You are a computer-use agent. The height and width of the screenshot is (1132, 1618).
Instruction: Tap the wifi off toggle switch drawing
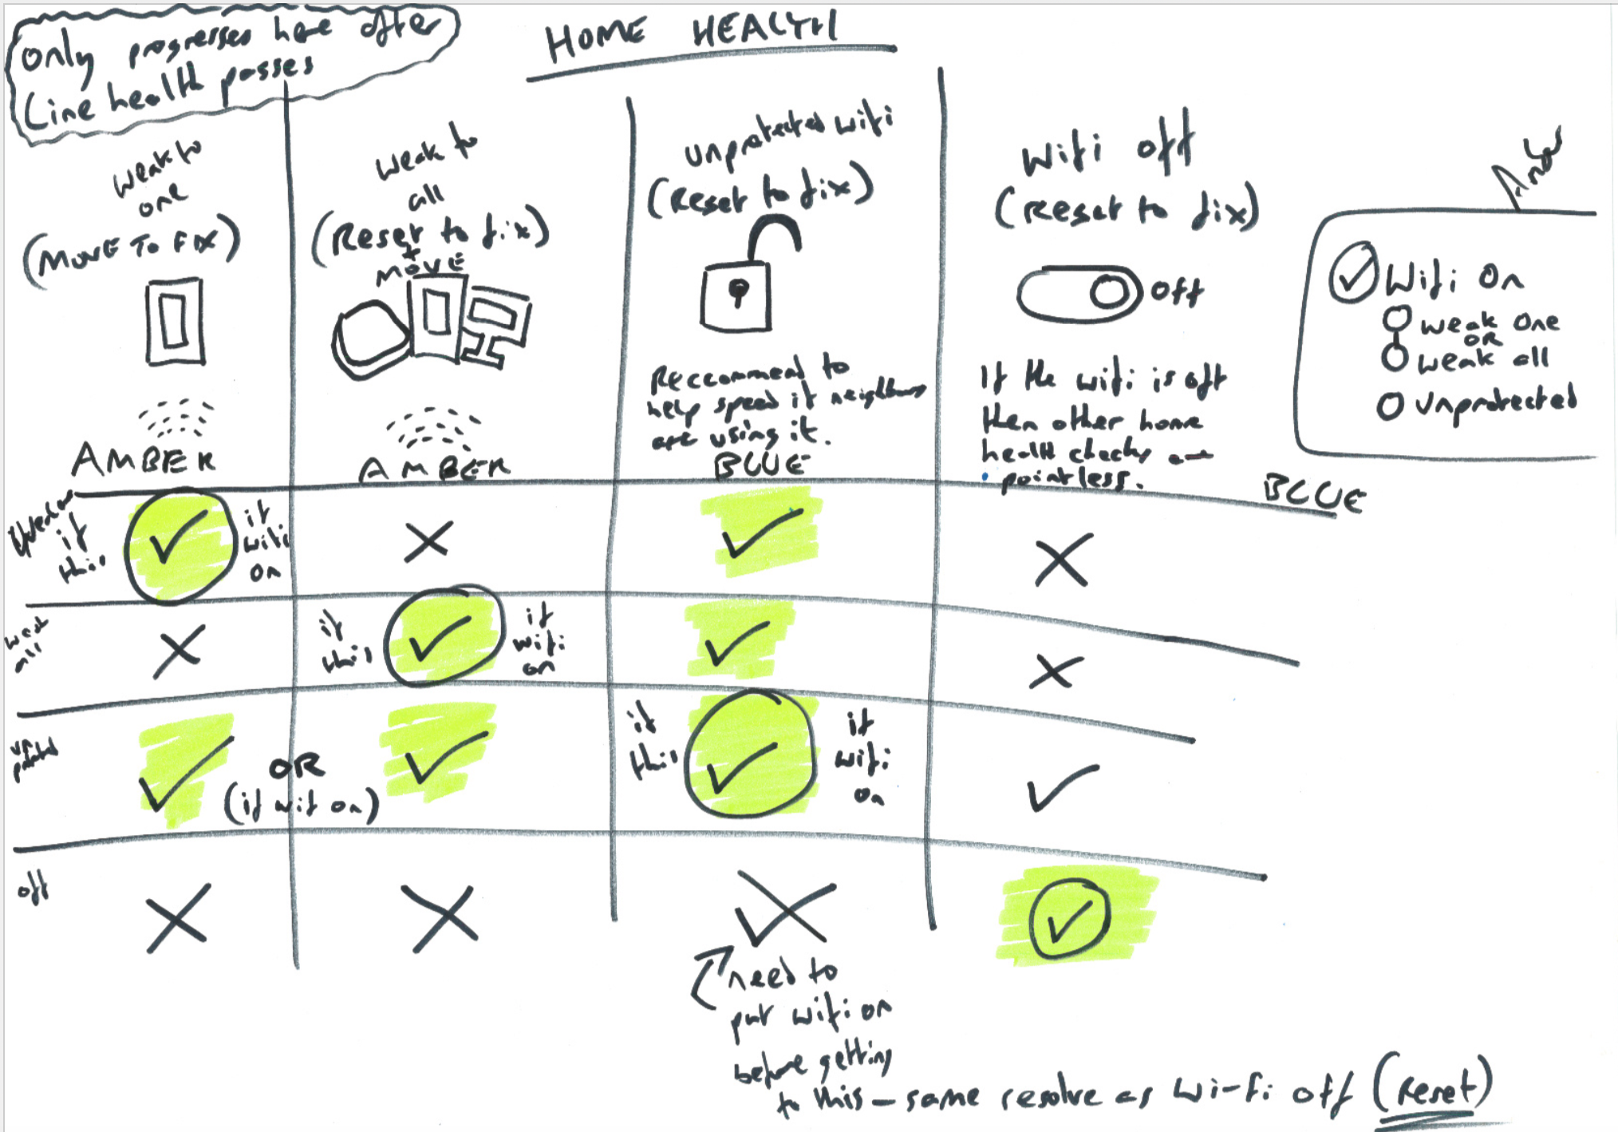[x=1079, y=293]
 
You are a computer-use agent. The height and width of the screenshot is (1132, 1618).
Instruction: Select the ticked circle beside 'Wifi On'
[x=1353, y=272]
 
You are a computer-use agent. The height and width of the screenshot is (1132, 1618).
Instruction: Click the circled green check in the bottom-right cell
[x=1069, y=919]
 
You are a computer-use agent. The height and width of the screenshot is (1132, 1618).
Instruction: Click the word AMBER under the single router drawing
[x=144, y=458]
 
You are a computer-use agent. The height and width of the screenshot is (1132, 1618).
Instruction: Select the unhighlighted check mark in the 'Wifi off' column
[x=1061, y=787]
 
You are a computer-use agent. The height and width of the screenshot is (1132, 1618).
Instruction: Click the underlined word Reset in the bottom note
[x=1433, y=1085]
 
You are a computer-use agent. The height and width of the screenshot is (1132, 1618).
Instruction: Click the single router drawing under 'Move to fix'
[x=175, y=321]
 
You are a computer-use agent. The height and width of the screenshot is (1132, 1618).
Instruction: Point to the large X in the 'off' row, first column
[x=177, y=918]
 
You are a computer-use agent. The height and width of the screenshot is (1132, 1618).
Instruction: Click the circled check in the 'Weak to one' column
[x=180, y=545]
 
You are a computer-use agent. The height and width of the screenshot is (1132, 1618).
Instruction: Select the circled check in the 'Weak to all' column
[x=443, y=636]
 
